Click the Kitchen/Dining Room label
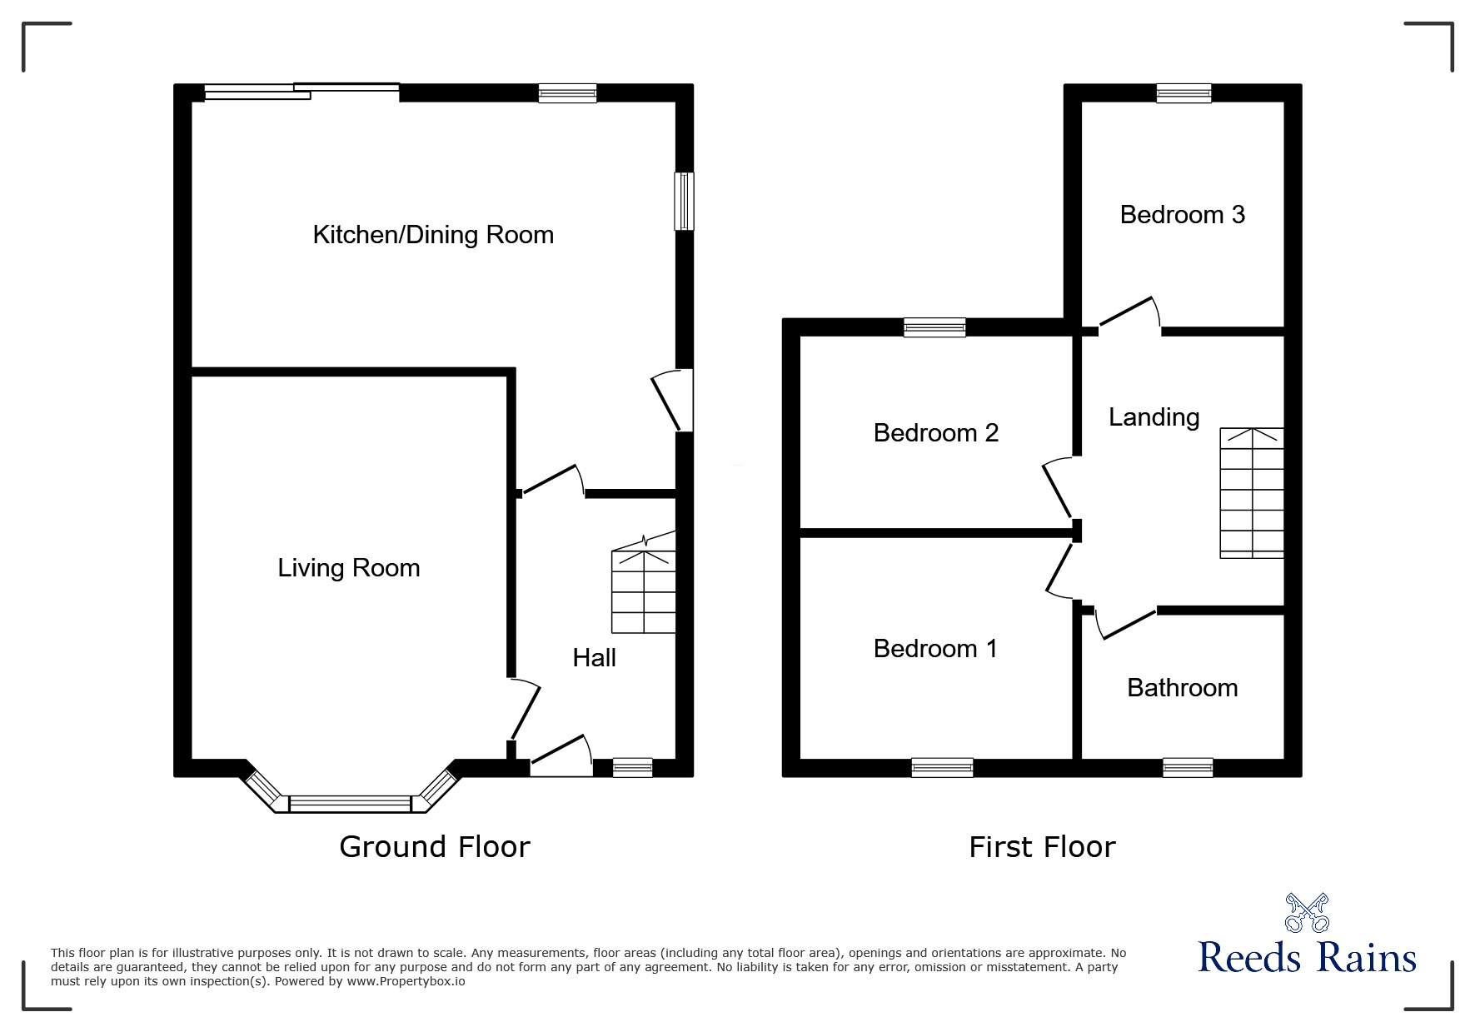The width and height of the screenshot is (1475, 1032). pos(433,235)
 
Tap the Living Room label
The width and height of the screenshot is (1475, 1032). pos(348,568)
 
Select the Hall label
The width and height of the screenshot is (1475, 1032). pos(594,658)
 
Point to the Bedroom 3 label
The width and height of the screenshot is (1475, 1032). pos(1182,215)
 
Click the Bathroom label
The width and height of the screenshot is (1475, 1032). pos(1182,688)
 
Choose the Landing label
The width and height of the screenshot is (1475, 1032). pos(1154,417)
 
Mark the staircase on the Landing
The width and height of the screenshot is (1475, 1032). pos(1251,493)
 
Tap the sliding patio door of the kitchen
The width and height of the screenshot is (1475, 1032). pos(301,91)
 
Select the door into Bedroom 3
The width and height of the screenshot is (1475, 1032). pos(1129,315)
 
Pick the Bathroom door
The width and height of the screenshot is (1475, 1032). pos(1126,625)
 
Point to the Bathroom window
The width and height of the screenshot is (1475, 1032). pos(1188,767)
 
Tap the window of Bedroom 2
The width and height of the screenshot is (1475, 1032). pos(934,327)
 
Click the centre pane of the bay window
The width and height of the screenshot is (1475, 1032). pos(350,804)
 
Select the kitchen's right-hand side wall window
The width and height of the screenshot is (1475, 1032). pos(684,201)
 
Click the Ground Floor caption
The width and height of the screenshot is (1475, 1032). pos(434,847)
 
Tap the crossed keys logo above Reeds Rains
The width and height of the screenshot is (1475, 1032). pos(1307,912)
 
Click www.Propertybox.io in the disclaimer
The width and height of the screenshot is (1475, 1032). pos(406,981)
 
